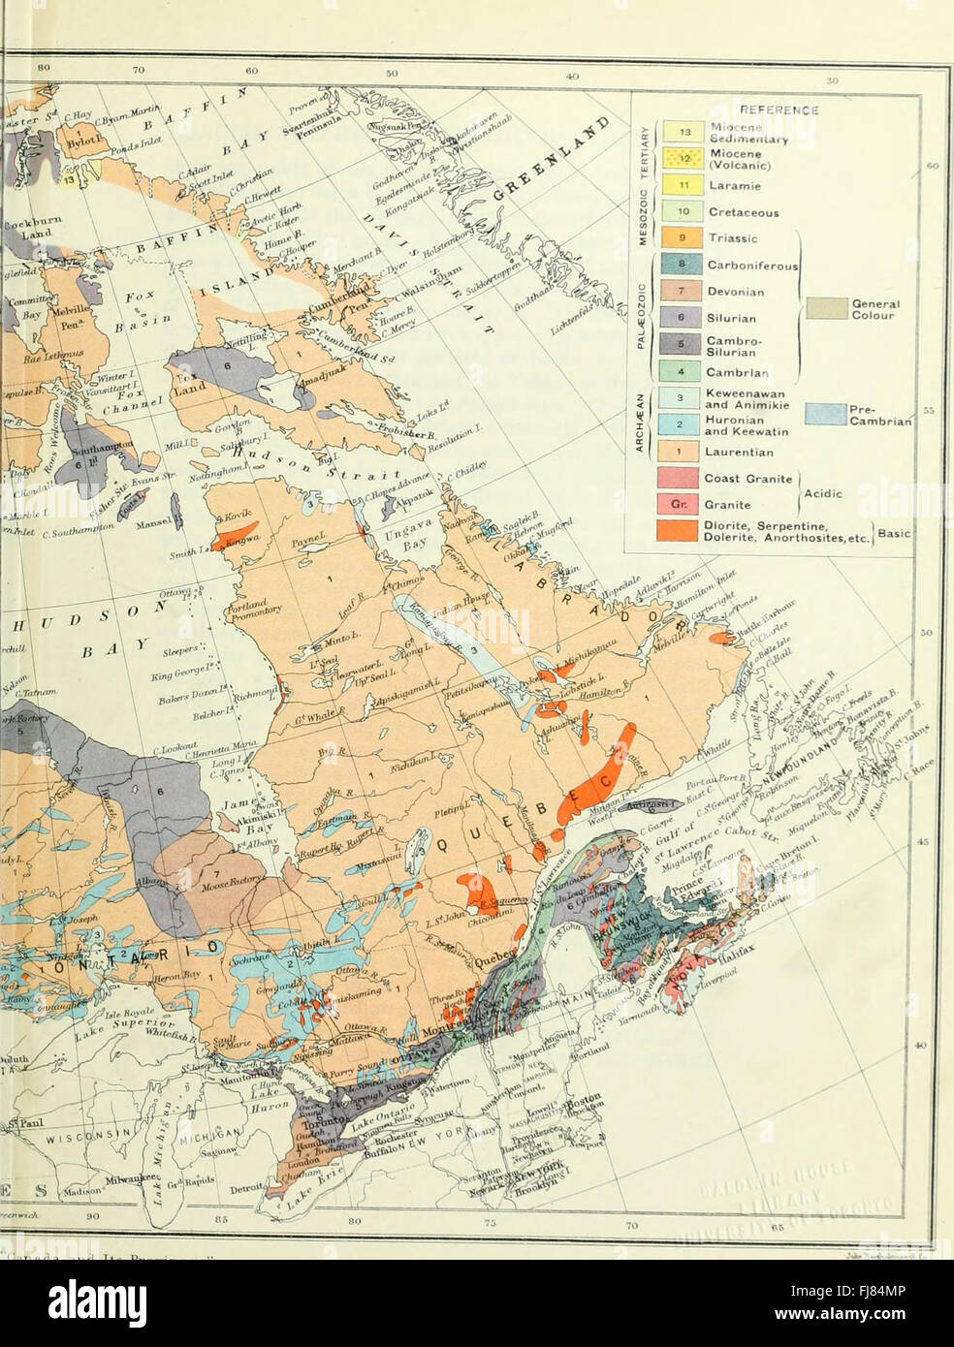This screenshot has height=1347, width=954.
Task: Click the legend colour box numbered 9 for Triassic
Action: (682, 237)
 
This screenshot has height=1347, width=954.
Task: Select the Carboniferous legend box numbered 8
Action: (682, 265)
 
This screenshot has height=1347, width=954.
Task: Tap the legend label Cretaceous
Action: (743, 211)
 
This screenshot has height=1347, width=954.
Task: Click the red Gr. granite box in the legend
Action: (682, 504)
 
